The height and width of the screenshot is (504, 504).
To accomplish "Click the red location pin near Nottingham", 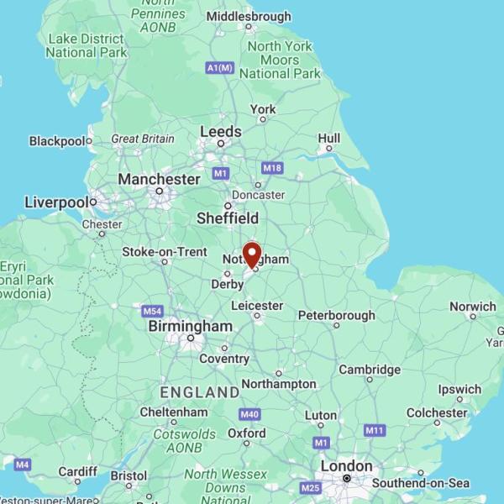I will pyautogui.click(x=251, y=255).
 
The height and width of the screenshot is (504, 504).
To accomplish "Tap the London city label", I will pyautogui.click(x=346, y=466).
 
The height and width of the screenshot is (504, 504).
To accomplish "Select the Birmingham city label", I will pyautogui.click(x=190, y=326).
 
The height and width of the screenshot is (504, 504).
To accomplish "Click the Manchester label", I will pyautogui.click(x=159, y=179).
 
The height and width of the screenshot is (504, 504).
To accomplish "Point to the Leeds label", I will pyautogui.click(x=221, y=132).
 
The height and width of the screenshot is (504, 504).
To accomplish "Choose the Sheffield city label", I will pyautogui.click(x=227, y=218).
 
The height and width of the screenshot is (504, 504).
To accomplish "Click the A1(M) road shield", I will pyautogui.click(x=220, y=68).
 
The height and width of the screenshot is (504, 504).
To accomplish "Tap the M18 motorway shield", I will pyautogui.click(x=272, y=168).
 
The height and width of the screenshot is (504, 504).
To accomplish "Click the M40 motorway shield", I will pyautogui.click(x=249, y=414).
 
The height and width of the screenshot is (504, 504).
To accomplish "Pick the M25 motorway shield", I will pyautogui.click(x=311, y=488).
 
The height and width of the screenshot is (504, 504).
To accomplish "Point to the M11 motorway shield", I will pyautogui.click(x=375, y=430).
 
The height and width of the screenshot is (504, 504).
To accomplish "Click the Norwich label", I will pyautogui.click(x=472, y=307).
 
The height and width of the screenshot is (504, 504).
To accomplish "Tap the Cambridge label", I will pyautogui.click(x=370, y=370).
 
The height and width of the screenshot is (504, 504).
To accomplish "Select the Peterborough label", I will pyautogui.click(x=336, y=316).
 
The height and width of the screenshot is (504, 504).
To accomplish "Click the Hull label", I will pyautogui.click(x=329, y=138).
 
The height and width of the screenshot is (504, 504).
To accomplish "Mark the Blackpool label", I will pyautogui.click(x=58, y=141).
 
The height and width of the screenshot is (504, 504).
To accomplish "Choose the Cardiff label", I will pyautogui.click(x=77, y=471).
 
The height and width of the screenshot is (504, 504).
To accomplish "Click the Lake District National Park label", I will pyautogui.click(x=87, y=45).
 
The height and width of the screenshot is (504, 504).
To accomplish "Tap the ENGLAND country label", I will pyautogui.click(x=200, y=392).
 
